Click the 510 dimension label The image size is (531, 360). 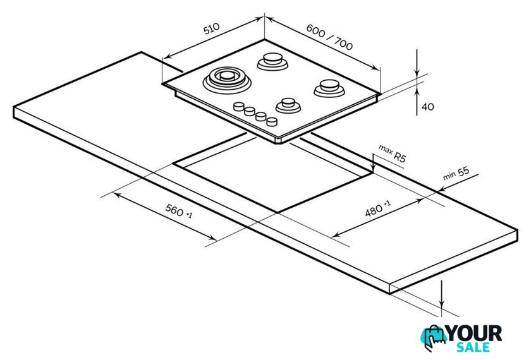point(211,28)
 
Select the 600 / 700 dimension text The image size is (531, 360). point(329,37)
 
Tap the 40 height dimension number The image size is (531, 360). point(428,107)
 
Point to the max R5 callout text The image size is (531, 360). point(392,153)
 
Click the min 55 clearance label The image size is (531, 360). point(456,174)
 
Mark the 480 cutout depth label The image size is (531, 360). point(377,208)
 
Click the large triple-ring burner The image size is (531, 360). point(227,80)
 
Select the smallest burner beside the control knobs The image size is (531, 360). point(288,105)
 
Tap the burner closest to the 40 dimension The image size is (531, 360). point(329,88)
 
